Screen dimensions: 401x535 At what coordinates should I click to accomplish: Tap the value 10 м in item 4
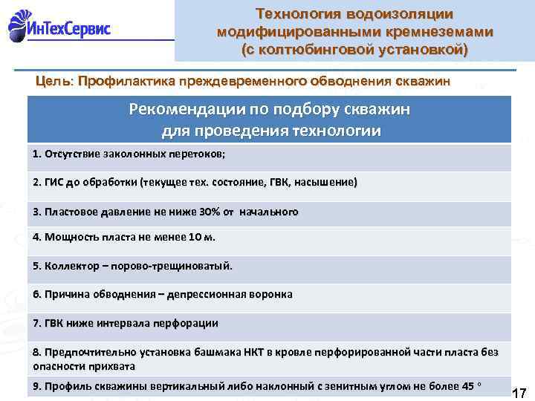pos(197,238)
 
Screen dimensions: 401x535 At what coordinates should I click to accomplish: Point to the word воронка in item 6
pos(267,294)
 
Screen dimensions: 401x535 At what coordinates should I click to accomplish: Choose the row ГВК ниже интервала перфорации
pos(126,323)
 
